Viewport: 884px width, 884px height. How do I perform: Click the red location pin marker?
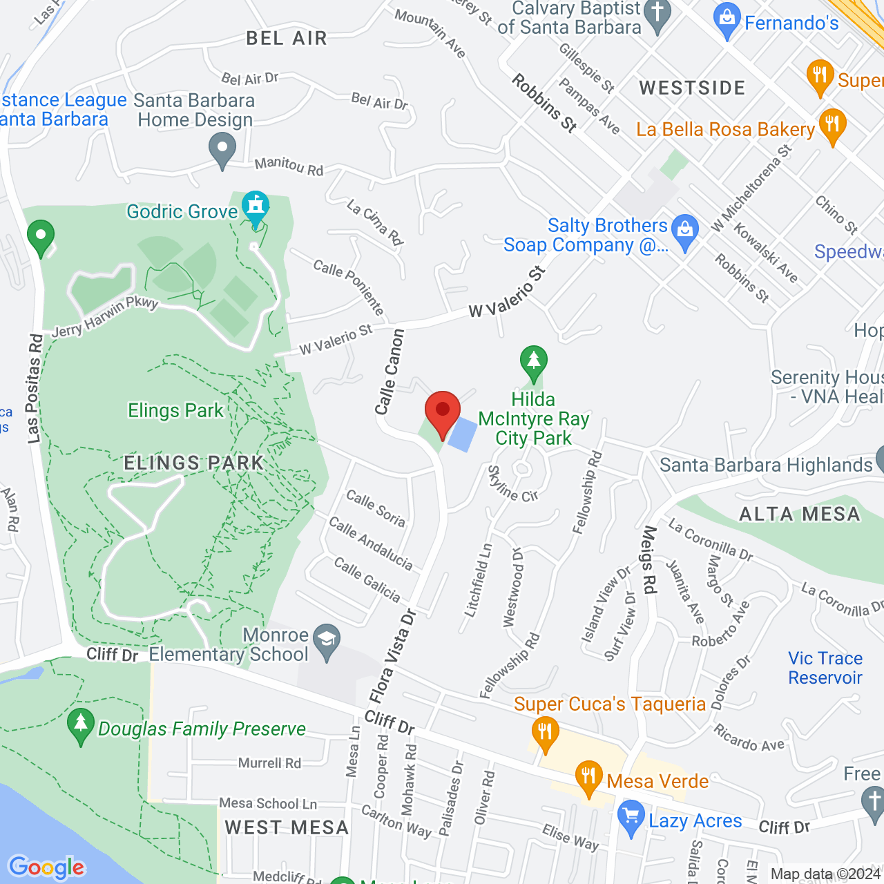pyautogui.click(x=443, y=412)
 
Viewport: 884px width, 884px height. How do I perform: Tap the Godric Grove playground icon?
pyautogui.click(x=256, y=207)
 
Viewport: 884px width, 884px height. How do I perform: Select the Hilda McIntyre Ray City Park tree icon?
pyautogui.click(x=533, y=361)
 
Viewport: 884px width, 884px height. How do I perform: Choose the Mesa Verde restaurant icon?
pyautogui.click(x=588, y=778)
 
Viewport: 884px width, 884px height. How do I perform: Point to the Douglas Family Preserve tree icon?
pyautogui.click(x=81, y=725)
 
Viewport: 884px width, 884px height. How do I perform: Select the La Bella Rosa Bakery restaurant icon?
pyautogui.click(x=832, y=125)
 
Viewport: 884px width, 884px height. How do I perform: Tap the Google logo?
pyautogui.click(x=46, y=867)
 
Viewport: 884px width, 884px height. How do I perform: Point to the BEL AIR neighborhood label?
pyautogui.click(x=287, y=38)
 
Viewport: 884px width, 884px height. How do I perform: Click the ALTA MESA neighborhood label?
pyautogui.click(x=800, y=515)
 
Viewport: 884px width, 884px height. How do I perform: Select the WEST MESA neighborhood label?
pyautogui.click(x=287, y=827)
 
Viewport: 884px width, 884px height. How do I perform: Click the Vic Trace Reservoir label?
pyautogui.click(x=825, y=668)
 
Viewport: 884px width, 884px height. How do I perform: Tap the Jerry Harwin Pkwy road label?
pyautogui.click(x=105, y=317)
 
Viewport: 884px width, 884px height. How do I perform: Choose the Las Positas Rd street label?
pyautogui.click(x=35, y=389)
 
